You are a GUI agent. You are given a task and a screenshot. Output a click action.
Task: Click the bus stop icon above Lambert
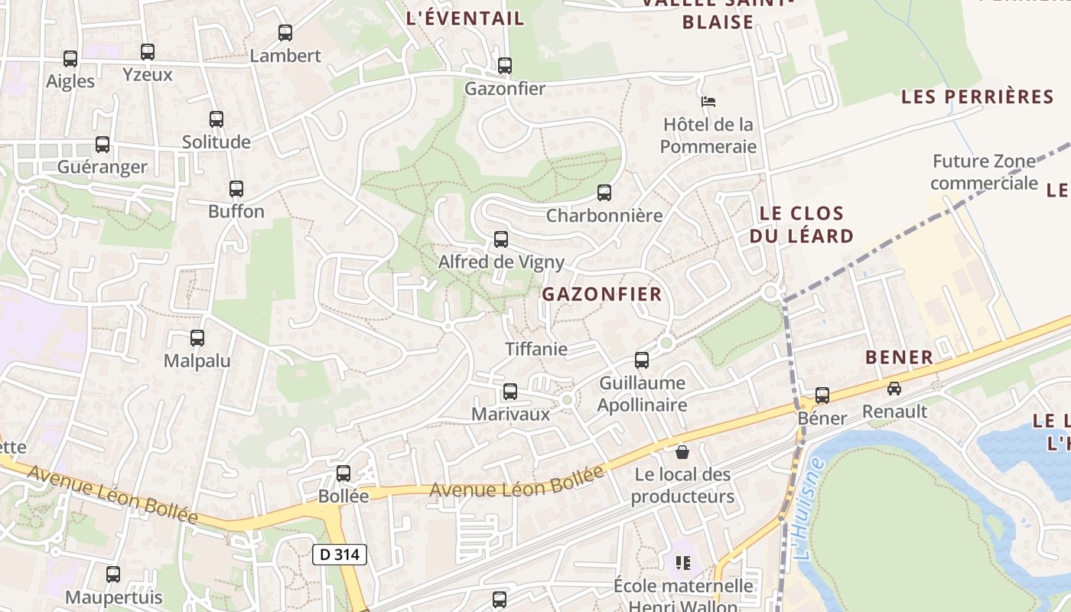coord(285,33)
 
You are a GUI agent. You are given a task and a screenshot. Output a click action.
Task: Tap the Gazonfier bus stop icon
coord(505,66)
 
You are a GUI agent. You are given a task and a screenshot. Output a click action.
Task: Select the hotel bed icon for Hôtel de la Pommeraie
coord(708,101)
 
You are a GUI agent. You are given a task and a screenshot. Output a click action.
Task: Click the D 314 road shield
coord(340,555)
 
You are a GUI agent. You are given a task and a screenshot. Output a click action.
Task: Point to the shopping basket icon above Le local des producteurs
coord(682,452)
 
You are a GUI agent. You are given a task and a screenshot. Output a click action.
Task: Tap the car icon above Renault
coord(894,389)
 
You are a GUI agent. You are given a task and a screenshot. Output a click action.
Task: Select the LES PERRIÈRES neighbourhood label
coord(978,97)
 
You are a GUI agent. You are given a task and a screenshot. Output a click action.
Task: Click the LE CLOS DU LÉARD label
coord(801,224)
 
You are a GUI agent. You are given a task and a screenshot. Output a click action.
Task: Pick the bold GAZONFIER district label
coord(602,295)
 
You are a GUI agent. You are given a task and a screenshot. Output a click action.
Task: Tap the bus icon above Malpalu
coord(197,338)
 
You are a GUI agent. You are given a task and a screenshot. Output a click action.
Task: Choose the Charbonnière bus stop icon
coord(604,193)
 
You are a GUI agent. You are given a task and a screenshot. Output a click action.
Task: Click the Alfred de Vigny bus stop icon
coord(501,239)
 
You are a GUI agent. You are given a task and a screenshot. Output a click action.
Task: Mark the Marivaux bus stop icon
coord(510,392)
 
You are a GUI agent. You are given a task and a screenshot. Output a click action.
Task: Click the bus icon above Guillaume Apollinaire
coord(642,360)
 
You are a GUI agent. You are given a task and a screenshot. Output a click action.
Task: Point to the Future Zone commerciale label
coord(984,172)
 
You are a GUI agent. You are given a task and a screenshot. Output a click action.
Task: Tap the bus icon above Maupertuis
coord(113,574)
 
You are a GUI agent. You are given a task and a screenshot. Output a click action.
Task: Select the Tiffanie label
coord(536,349)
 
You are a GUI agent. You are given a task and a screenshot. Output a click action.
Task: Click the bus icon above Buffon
coord(236,189)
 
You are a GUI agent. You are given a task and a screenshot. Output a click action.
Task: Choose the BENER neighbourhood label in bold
coord(899,357)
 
